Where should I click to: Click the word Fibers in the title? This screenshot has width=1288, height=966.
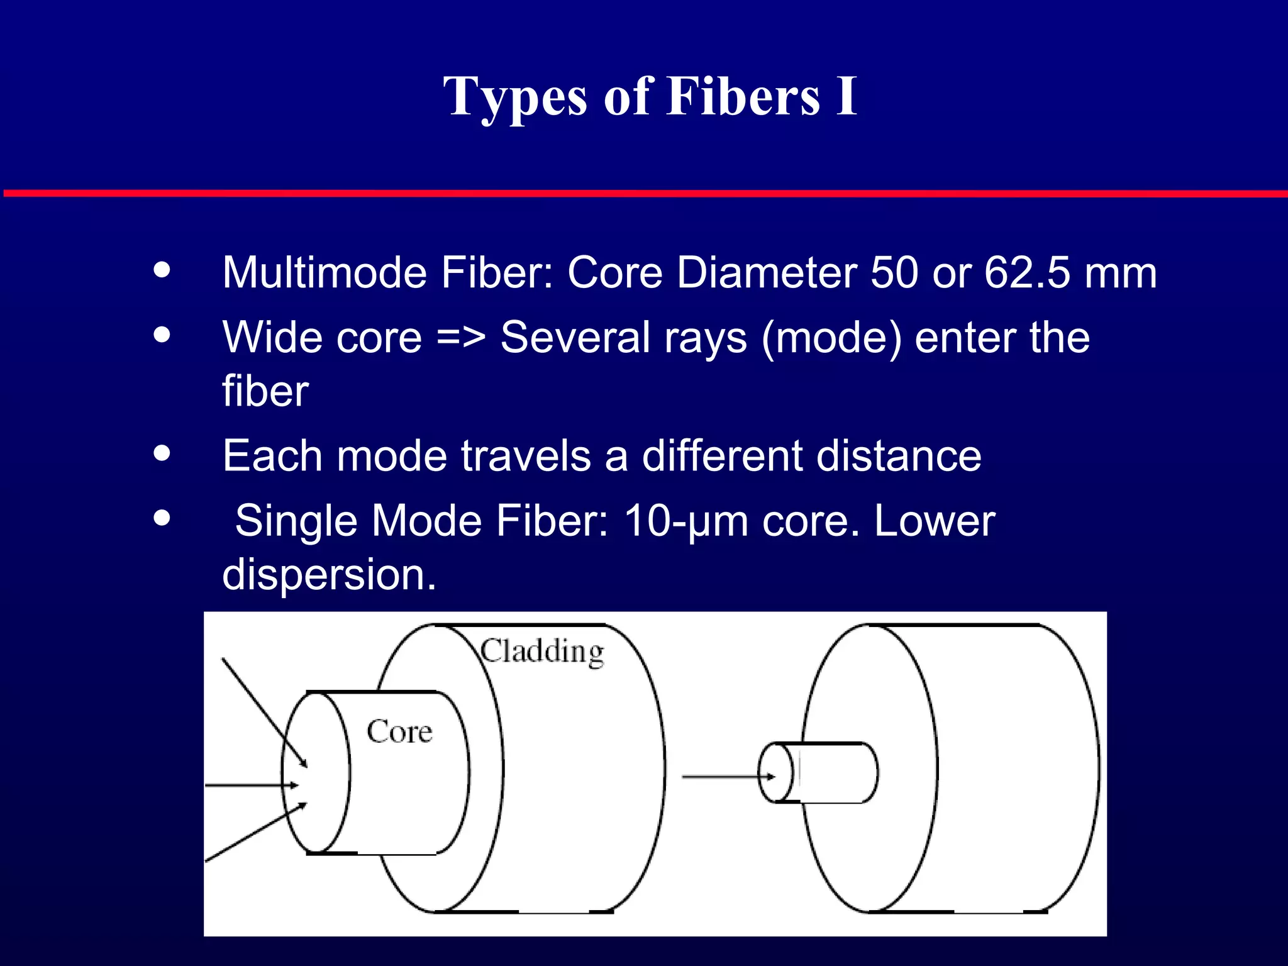pos(743,97)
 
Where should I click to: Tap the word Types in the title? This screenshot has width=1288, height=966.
pos(515,97)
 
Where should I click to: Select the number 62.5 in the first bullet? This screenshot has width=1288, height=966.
pos(1026,273)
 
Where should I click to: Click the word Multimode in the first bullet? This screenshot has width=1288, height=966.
pos(325,273)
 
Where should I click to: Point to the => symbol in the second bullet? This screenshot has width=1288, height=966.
pos(460,338)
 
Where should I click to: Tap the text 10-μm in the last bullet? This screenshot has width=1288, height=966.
pos(686,521)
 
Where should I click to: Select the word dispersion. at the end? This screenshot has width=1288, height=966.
pos(329,575)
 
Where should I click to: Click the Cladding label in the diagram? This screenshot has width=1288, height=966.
pos(542,652)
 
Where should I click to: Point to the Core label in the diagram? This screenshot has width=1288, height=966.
pos(399,732)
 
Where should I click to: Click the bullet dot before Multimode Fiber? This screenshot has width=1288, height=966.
pos(162,270)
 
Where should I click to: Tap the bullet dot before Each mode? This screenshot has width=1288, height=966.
pos(162,453)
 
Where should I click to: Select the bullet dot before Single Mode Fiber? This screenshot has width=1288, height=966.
pos(162,518)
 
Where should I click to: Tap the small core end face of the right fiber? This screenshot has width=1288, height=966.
pos(776,773)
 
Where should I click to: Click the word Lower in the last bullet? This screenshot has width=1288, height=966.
pos(935,521)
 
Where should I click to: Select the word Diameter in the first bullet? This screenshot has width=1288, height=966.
pos(767,273)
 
